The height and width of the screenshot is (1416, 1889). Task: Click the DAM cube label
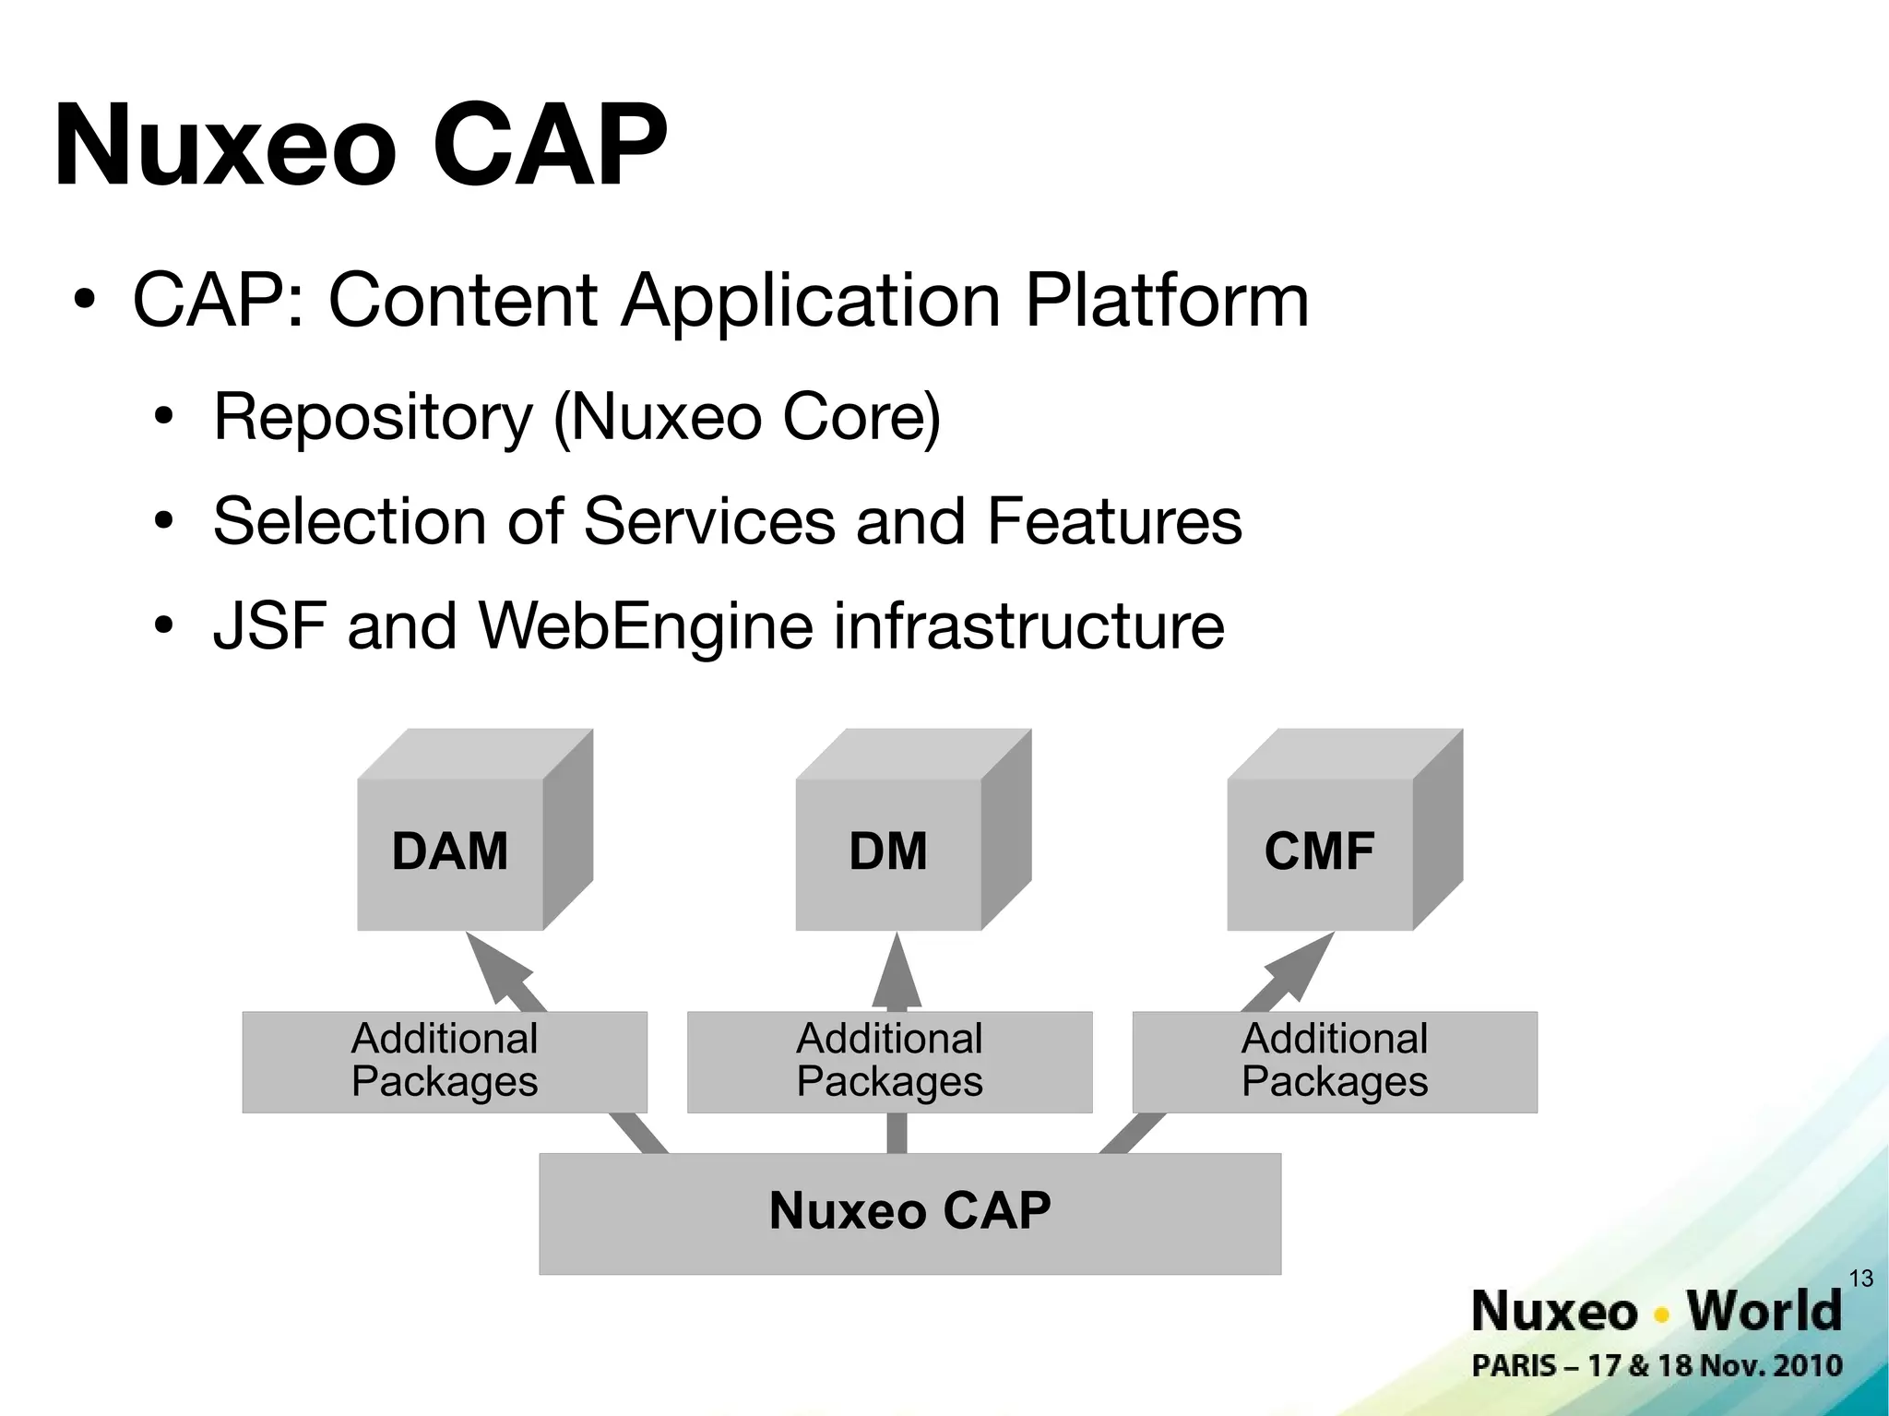click(450, 851)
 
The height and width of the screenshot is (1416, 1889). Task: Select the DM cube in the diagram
click(889, 851)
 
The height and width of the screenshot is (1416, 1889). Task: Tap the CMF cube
click(1320, 851)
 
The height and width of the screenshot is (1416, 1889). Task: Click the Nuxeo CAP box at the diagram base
click(909, 1212)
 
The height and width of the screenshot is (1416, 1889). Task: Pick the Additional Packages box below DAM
click(445, 1061)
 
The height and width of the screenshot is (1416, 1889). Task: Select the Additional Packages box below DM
click(889, 1061)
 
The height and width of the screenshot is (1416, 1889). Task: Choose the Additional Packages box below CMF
click(1334, 1061)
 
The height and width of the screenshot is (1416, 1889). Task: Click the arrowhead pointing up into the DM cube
click(897, 969)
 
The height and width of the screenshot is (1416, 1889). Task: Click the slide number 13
click(1861, 1279)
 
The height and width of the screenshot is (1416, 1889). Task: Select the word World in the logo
click(1764, 1311)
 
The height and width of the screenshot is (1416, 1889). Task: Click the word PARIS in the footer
click(1514, 1365)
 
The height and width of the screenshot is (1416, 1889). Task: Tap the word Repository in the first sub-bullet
click(373, 418)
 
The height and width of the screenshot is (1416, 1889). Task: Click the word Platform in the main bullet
click(1167, 301)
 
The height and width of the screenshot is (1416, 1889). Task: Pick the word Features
click(1114, 522)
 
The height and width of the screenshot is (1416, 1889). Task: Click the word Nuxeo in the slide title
click(225, 148)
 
